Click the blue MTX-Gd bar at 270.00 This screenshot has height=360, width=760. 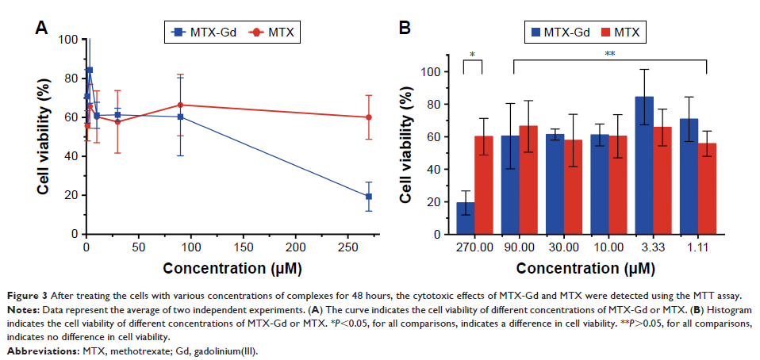point(465,219)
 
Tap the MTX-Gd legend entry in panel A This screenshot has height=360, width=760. point(202,33)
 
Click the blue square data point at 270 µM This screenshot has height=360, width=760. point(369,197)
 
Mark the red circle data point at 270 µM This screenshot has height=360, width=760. point(369,117)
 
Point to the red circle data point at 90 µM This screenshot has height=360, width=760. point(180,105)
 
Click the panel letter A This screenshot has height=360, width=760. point(44,29)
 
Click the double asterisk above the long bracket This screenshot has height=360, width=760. point(610,53)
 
